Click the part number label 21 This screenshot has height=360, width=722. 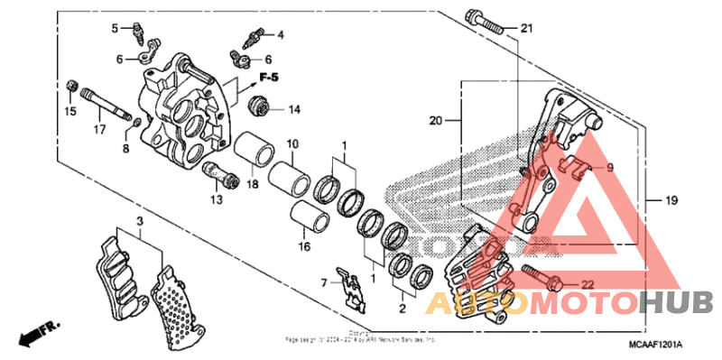(x=527, y=29)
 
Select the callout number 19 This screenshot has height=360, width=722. (x=671, y=198)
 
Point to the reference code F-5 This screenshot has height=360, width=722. (x=266, y=76)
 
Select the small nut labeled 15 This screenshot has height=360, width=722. (x=71, y=86)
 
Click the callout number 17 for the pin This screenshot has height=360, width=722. (x=101, y=130)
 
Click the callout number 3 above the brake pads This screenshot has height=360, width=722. (x=140, y=220)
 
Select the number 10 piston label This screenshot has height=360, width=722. (x=292, y=144)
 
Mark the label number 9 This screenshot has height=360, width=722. (x=608, y=167)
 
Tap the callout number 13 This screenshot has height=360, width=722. (x=215, y=198)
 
